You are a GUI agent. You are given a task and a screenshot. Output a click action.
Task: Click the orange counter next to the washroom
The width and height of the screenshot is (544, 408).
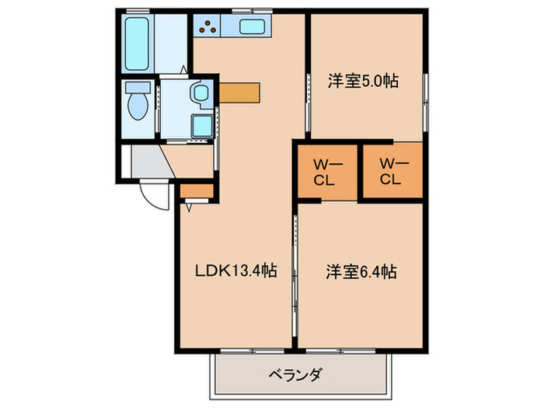240,91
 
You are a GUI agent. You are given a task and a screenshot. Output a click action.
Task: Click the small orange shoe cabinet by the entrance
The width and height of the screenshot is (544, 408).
196,190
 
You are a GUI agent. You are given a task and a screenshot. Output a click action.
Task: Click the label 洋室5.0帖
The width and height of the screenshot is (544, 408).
364,81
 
